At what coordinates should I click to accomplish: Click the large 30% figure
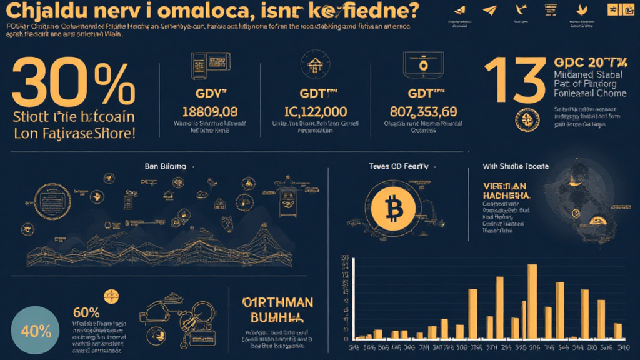[72, 84]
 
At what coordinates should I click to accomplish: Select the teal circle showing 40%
[35, 331]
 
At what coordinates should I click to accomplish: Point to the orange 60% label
[86, 312]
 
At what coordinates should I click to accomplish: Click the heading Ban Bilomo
[165, 167]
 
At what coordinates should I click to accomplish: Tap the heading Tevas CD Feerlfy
[399, 167]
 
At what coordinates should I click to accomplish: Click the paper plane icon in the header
[489, 10]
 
